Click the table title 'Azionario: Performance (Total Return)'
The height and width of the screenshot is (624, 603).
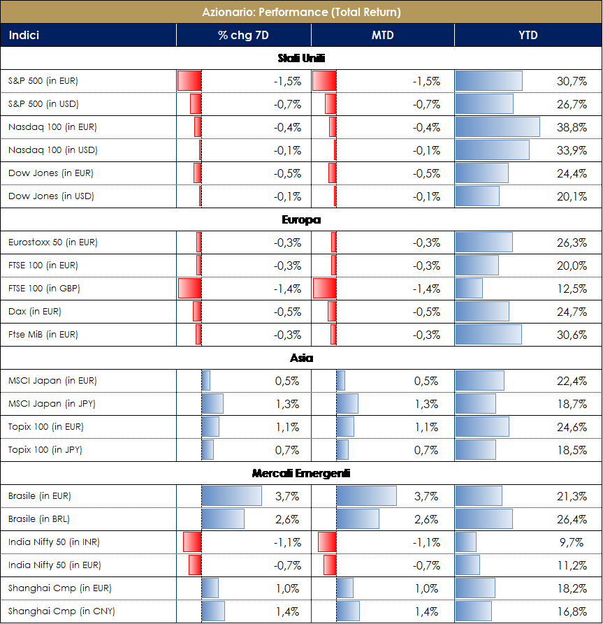click(x=301, y=12)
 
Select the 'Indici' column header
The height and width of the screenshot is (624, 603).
click(x=24, y=35)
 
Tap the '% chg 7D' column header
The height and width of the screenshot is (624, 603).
click(x=242, y=35)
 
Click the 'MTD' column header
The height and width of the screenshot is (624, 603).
click(x=382, y=35)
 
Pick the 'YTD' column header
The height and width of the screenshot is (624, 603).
click(x=528, y=35)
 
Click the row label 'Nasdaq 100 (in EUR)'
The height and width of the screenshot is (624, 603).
click(x=52, y=127)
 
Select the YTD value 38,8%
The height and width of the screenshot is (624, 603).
click(x=572, y=127)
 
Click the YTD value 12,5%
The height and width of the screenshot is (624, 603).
click(x=572, y=289)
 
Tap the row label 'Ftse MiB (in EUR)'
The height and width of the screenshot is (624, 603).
click(x=43, y=335)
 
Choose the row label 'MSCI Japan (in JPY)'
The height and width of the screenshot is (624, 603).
click(x=52, y=404)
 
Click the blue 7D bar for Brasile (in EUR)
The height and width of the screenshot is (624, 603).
click(x=231, y=496)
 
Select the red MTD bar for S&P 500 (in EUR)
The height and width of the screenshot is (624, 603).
click(x=324, y=81)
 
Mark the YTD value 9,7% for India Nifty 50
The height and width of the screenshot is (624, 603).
click(x=574, y=542)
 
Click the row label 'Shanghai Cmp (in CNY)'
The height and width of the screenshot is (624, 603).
click(x=61, y=611)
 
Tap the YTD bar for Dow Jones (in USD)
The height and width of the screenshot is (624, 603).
click(x=477, y=196)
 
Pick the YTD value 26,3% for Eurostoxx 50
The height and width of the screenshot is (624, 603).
click(x=572, y=242)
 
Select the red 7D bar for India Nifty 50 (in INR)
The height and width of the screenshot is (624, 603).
click(x=192, y=542)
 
